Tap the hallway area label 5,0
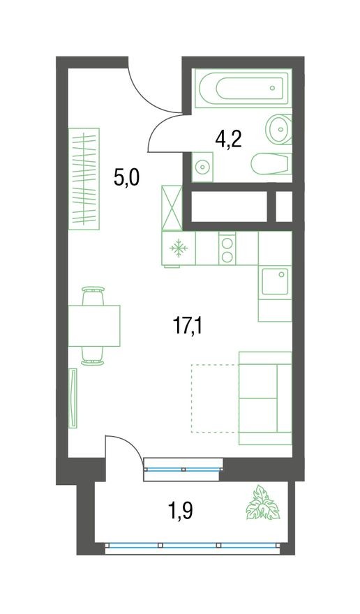(x=126, y=178)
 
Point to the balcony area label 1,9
(x=180, y=511)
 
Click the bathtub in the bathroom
(x=241, y=89)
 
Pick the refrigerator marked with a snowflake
(x=179, y=248)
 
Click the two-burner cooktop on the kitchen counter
(x=227, y=248)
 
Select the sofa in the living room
(x=265, y=398)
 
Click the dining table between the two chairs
(x=94, y=326)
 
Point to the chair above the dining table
(x=93, y=296)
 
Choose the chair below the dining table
(x=93, y=355)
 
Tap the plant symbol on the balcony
(x=264, y=503)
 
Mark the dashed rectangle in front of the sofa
(x=215, y=398)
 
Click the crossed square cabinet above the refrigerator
(x=172, y=208)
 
